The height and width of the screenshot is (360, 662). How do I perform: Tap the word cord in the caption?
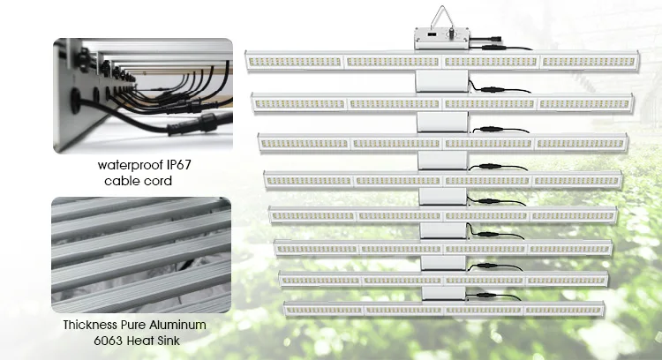click(158, 181)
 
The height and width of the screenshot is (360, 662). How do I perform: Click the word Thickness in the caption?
click(91, 325)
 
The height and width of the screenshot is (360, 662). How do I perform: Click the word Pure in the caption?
click(135, 325)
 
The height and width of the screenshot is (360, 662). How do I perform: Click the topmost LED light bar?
click(442, 61)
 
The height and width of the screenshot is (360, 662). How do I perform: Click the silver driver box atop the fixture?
click(442, 39)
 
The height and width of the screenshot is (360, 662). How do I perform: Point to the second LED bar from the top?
click(442, 103)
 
